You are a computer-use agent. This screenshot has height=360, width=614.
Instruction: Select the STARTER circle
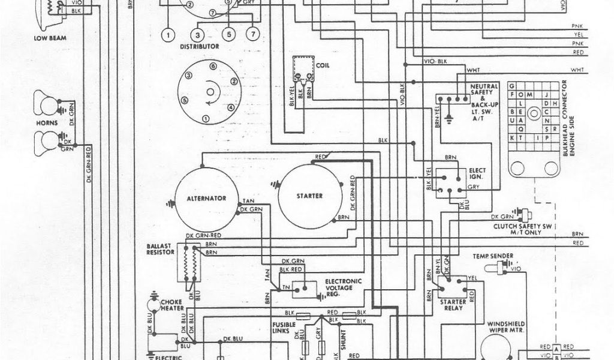pyautogui.click(x=309, y=195)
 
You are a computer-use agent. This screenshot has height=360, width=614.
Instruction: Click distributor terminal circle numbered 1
pyautogui.click(x=170, y=34)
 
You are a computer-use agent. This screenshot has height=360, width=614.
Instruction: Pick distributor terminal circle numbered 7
pyautogui.click(x=253, y=34)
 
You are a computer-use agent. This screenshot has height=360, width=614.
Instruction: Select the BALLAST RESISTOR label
pyautogui.click(x=159, y=250)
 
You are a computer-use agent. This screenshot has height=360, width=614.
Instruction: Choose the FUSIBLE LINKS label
pyautogui.click(x=281, y=327)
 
